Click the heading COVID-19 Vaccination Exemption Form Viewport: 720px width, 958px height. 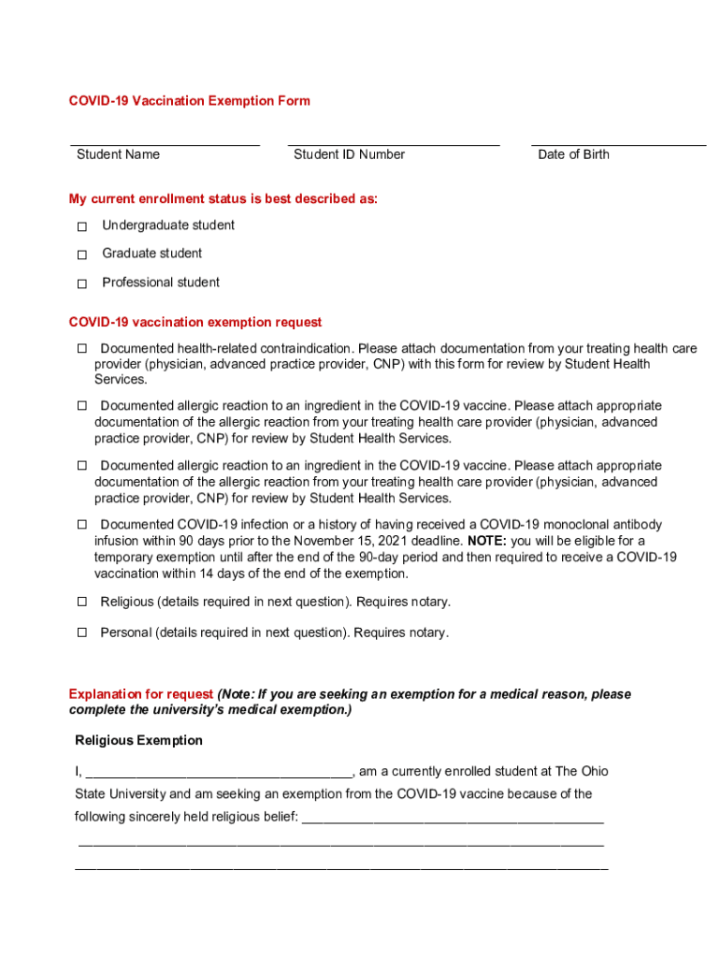[189, 100]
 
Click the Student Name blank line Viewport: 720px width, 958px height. [166, 144]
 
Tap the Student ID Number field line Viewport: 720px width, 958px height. [394, 144]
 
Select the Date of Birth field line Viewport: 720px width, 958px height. [618, 144]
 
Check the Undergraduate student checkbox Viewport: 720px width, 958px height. [82, 226]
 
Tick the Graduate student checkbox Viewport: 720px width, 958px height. [82, 254]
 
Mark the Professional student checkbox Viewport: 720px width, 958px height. [82, 283]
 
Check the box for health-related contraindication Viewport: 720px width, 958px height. [81, 349]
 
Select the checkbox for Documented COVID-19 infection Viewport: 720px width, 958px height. [81, 524]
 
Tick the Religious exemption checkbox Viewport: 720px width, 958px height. [81, 602]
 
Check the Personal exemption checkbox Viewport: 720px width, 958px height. [81, 632]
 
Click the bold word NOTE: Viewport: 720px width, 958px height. [487, 541]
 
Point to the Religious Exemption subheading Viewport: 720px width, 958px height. [138, 740]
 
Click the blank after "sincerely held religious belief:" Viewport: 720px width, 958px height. [453, 820]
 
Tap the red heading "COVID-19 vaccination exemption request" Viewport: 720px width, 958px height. [195, 322]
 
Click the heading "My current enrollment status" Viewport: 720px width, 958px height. [223, 198]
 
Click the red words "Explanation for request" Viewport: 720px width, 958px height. [141, 694]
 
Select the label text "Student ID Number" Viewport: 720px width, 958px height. [349, 154]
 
